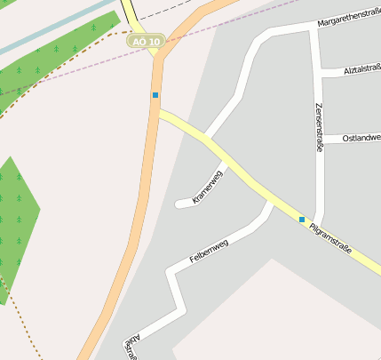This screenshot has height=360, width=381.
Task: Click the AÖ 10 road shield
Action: click(x=145, y=42)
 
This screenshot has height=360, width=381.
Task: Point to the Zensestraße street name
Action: click(x=318, y=127)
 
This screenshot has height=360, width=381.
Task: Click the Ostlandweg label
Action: click(x=361, y=138)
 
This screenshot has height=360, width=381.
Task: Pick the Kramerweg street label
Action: click(x=208, y=186)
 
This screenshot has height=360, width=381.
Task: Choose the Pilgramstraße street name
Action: click(x=331, y=238)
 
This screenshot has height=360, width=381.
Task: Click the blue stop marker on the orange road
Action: click(x=155, y=95)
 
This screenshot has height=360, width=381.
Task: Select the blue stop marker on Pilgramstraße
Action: click(x=302, y=219)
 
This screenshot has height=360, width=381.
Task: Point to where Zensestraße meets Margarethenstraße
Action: click(x=314, y=29)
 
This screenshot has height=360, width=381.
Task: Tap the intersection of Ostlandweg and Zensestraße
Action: click(x=319, y=140)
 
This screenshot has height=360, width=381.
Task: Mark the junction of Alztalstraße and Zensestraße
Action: click(x=318, y=73)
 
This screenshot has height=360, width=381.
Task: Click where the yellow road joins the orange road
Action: click(x=157, y=110)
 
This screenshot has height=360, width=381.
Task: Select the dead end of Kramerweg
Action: click(x=178, y=204)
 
